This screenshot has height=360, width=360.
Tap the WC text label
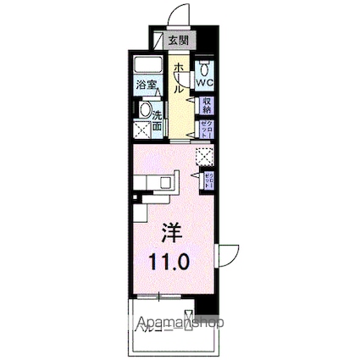click(205, 83)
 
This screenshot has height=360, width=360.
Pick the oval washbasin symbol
click(146, 110)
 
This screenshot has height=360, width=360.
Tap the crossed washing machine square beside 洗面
click(146, 130)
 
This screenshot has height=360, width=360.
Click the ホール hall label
click(179, 76)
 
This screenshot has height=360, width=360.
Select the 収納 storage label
click(206, 104)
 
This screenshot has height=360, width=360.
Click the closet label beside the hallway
click(205, 128)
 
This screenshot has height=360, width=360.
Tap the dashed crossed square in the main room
click(204, 156)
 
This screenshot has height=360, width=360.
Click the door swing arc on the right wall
click(229, 255)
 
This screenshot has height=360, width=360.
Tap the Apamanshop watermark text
click(180, 322)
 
